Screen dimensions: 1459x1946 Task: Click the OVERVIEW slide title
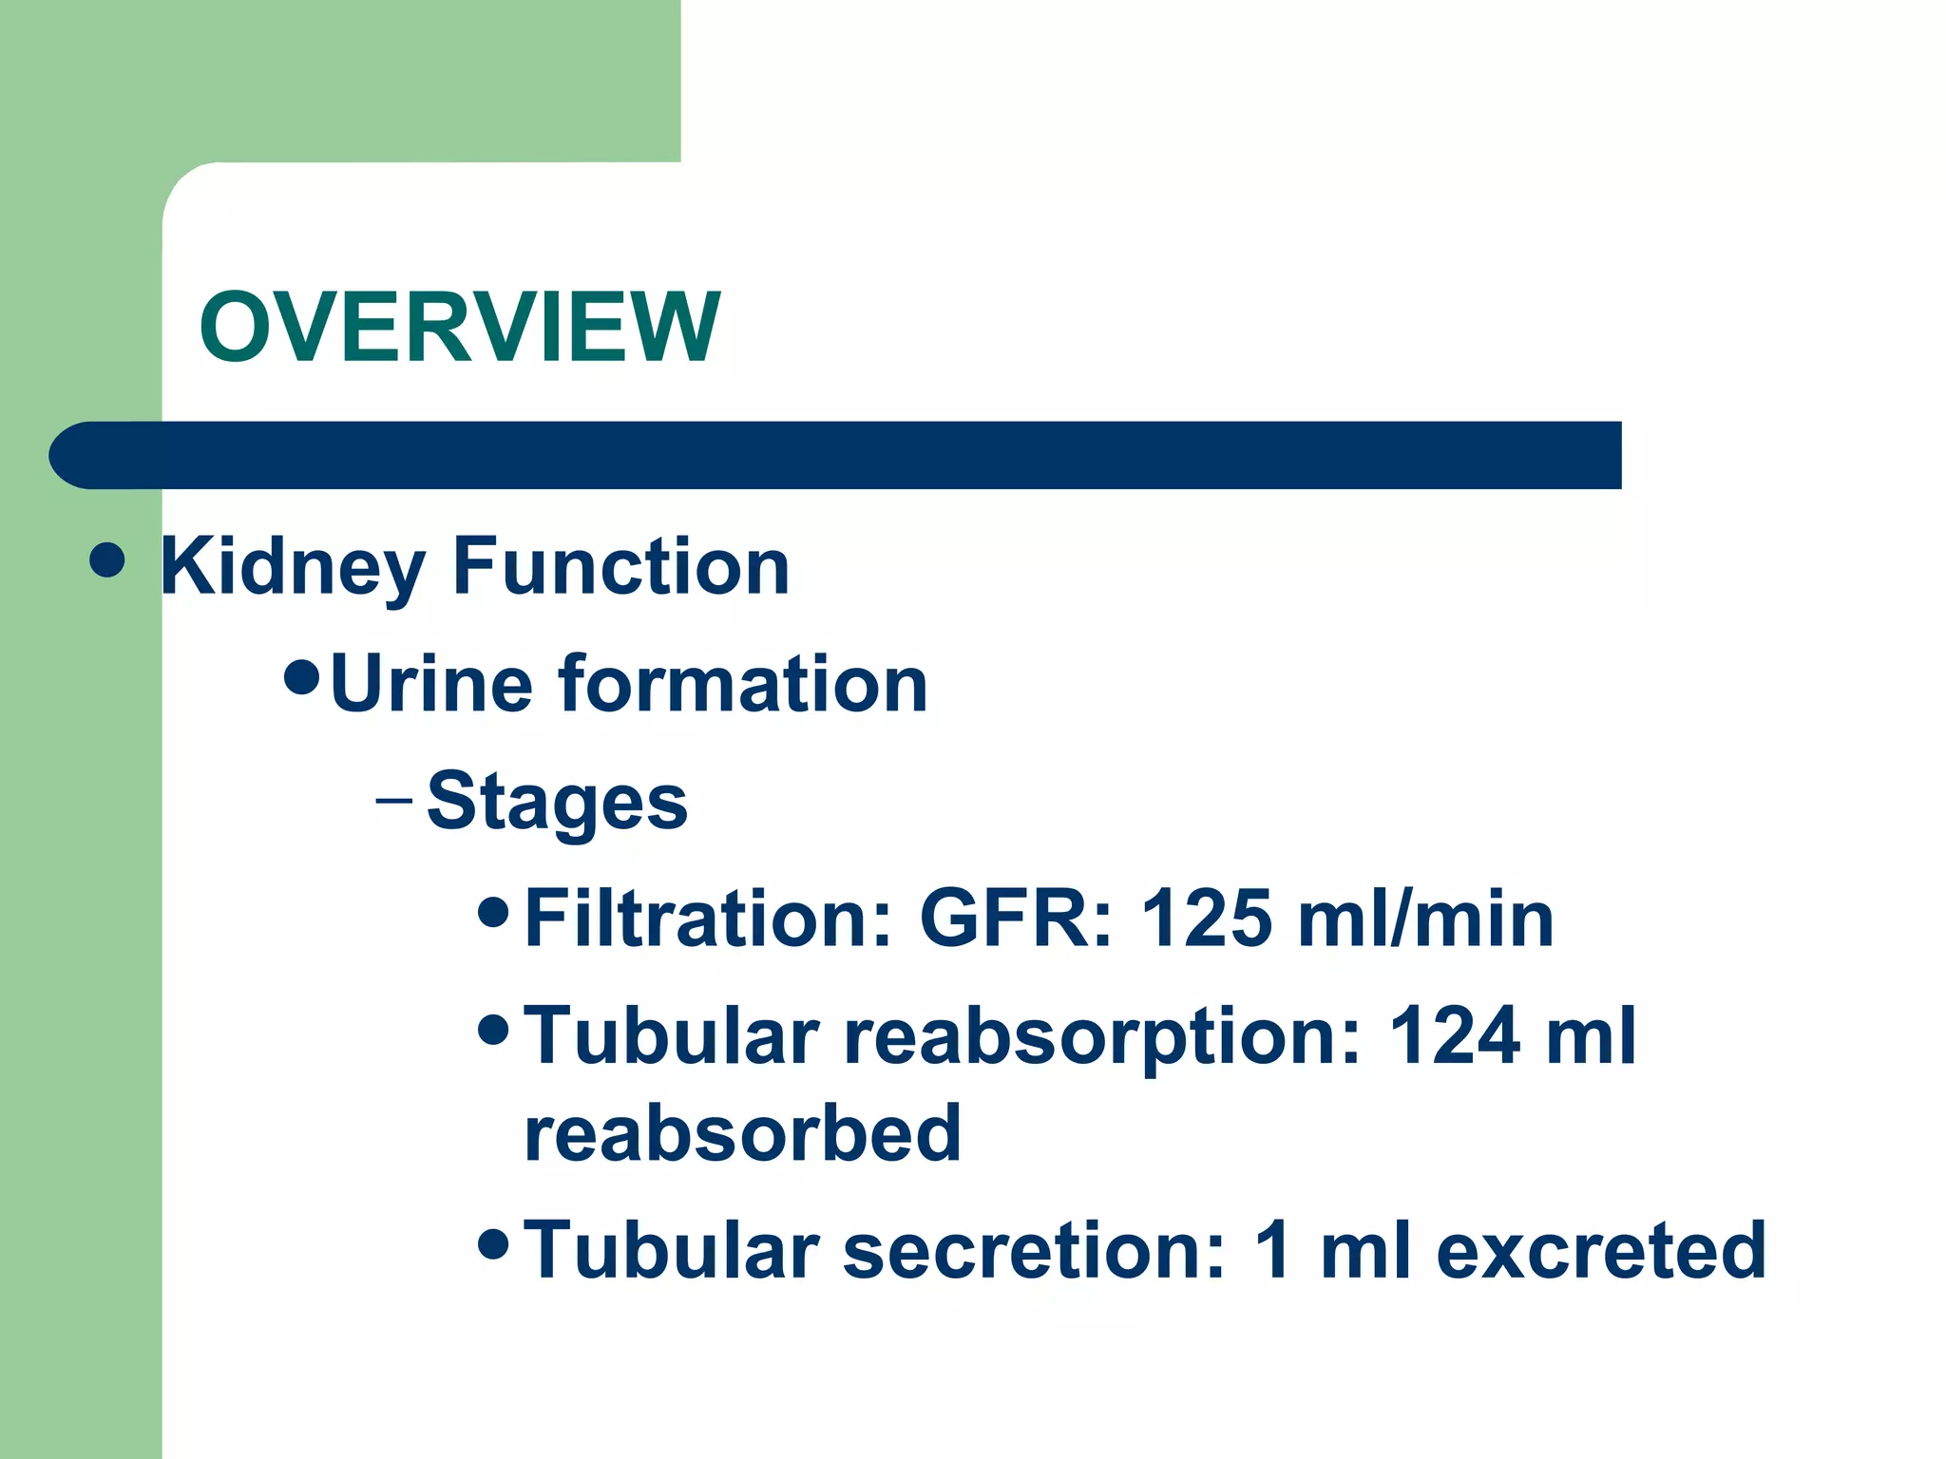point(460,327)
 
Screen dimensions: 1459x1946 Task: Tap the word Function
point(621,567)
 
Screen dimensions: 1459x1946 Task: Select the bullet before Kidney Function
point(107,559)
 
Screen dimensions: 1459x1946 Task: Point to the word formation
point(743,684)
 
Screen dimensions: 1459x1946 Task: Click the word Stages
point(557,802)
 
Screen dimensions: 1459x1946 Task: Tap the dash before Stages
point(393,800)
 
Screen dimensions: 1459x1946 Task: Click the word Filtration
point(709,919)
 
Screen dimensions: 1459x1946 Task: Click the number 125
point(1205,919)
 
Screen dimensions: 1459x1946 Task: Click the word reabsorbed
point(743,1133)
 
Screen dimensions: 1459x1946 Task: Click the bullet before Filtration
point(494,911)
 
